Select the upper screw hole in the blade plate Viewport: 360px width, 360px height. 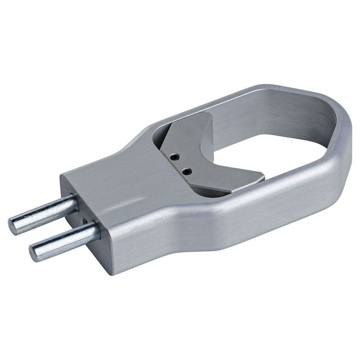coord(175,157)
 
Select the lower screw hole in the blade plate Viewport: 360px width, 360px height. coord(187,171)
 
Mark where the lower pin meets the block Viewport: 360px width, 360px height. coord(95,232)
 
